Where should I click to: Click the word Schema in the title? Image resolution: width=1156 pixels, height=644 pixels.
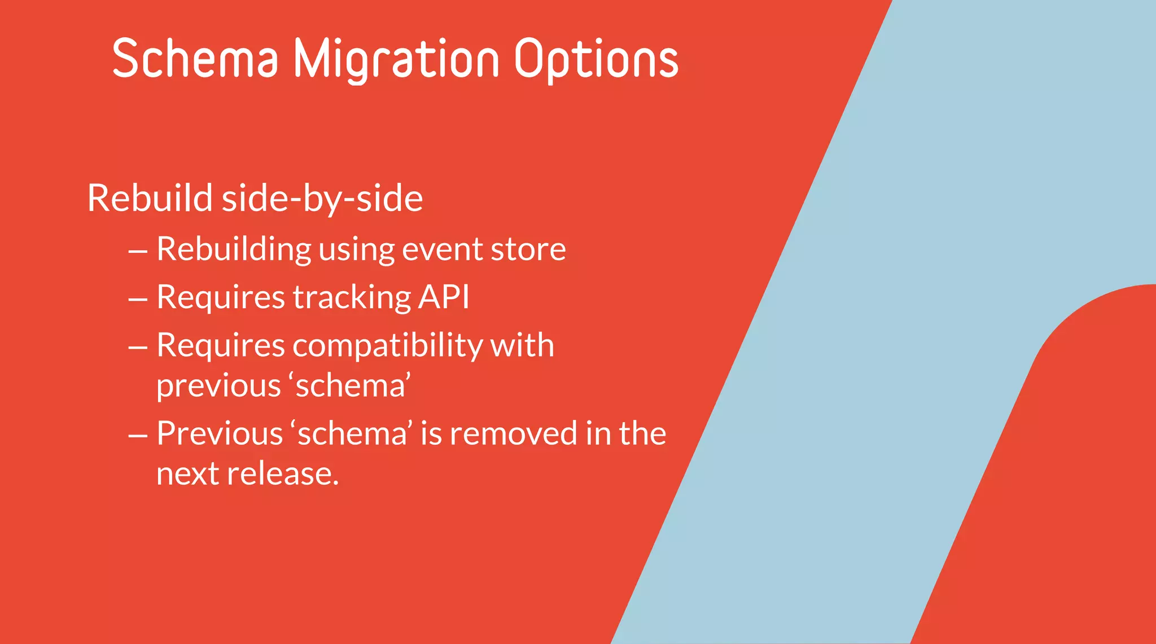click(x=195, y=58)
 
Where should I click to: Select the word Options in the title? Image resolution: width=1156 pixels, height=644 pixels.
click(x=596, y=59)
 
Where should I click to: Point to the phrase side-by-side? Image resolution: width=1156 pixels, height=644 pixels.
click(x=322, y=199)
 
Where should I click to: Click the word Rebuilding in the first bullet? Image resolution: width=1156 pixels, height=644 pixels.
click(x=234, y=249)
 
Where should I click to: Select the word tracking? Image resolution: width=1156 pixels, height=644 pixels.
click(x=351, y=297)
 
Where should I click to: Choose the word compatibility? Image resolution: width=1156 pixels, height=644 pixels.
click(x=387, y=345)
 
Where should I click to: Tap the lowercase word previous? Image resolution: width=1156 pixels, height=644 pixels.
click(x=218, y=387)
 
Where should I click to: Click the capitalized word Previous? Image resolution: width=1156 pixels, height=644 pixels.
click(x=220, y=433)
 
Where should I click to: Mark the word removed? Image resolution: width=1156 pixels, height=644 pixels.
click(x=514, y=433)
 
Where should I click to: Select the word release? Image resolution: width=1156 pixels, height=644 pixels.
click(x=283, y=473)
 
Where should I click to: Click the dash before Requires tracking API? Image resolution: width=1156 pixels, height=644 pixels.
click(x=138, y=299)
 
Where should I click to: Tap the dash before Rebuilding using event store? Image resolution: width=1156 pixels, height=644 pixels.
click(x=138, y=250)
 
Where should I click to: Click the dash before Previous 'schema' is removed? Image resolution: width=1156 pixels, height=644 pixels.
click(x=138, y=435)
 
